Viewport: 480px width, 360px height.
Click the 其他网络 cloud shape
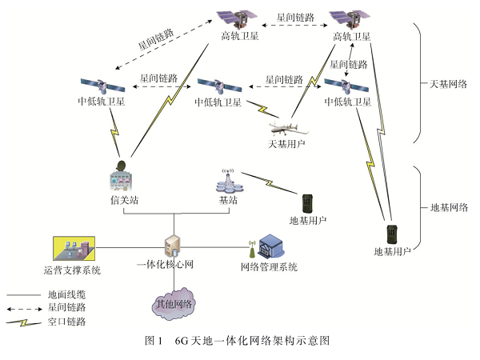pos(174,303)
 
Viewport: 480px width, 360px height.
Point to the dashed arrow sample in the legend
pos(23,307)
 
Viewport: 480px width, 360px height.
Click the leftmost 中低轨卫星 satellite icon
pos(100,85)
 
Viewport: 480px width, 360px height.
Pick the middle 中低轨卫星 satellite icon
pos(216,85)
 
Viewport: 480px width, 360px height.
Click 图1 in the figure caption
pos(154,341)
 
